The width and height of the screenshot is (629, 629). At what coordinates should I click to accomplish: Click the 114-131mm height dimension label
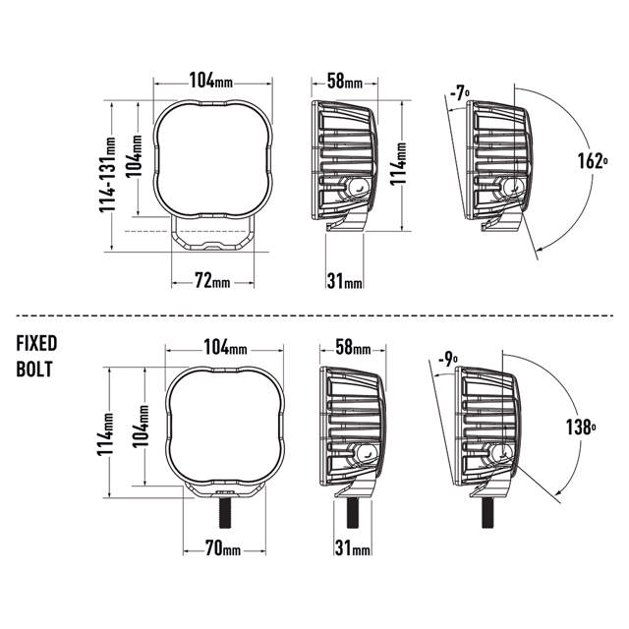[x=107, y=175]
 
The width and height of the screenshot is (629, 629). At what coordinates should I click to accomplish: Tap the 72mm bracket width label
[x=212, y=280]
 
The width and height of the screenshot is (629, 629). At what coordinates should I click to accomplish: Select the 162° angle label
[x=593, y=161]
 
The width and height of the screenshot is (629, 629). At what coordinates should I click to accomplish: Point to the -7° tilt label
[x=460, y=94]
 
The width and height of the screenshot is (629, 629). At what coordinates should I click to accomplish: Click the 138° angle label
[x=581, y=427]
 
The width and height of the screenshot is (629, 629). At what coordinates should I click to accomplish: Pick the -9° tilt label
[x=448, y=360]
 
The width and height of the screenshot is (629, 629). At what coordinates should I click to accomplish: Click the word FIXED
[x=36, y=343]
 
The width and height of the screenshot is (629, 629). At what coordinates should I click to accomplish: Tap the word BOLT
[x=34, y=370]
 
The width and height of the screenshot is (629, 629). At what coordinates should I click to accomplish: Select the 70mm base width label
[x=223, y=548]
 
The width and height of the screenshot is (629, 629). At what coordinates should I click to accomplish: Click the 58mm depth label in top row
[x=345, y=81]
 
